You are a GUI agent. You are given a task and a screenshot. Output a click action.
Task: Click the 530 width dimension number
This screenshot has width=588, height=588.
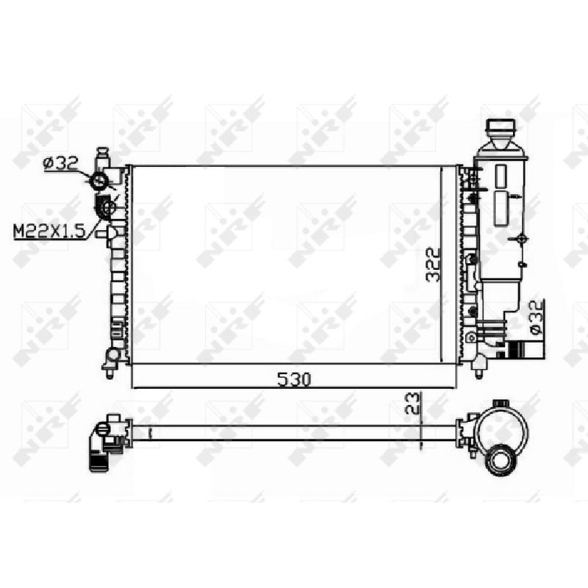click(x=294, y=379)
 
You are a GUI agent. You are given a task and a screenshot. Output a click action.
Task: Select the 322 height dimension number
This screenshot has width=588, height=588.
click(x=433, y=265)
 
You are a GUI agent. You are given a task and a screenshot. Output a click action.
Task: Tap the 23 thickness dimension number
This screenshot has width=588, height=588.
click(x=412, y=403)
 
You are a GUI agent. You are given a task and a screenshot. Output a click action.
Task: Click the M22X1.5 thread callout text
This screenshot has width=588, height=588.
click(x=49, y=232)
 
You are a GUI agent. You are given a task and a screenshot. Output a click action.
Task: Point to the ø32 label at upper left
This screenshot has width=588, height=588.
click(x=60, y=163)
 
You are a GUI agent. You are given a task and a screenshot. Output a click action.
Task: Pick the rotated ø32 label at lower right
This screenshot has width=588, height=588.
click(x=537, y=317)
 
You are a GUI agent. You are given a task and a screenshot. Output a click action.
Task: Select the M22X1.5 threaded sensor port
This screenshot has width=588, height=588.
click(x=107, y=207)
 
